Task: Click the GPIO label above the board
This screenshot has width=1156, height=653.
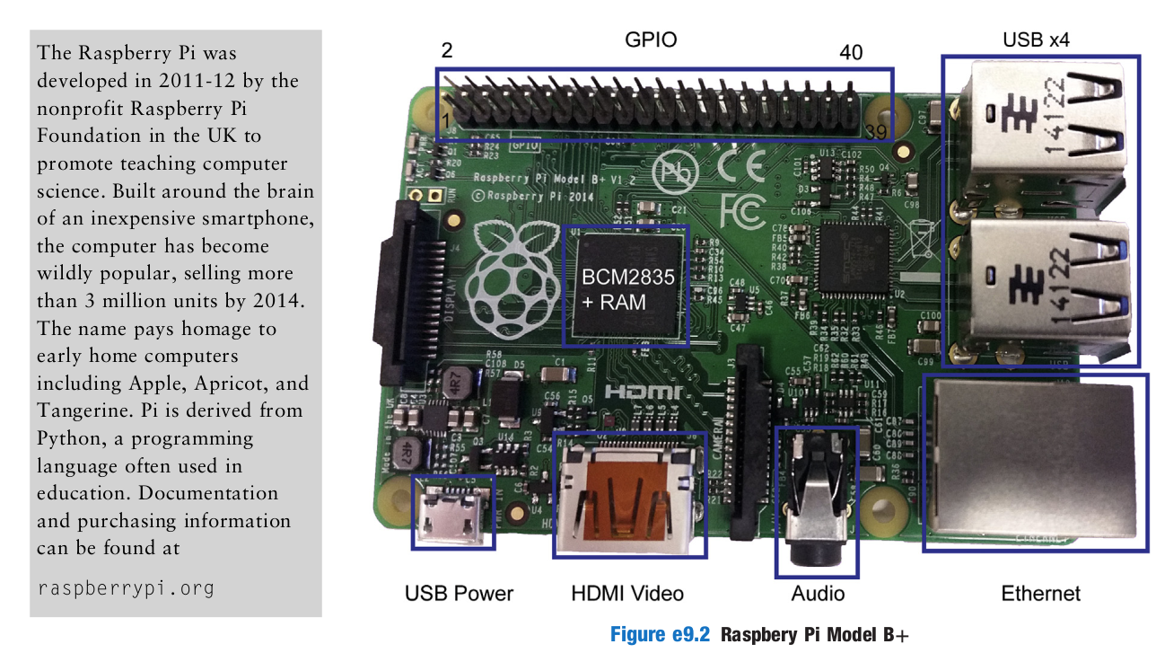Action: [x=651, y=40]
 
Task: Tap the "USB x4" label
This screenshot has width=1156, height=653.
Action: [x=1036, y=40]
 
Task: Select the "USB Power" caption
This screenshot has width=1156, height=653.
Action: [x=459, y=594]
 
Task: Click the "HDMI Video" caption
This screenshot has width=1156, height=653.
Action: [x=627, y=594]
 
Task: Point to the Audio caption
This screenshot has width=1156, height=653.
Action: [x=818, y=594]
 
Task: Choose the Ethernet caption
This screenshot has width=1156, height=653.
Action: [x=1040, y=594]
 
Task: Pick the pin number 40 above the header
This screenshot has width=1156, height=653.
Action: [x=851, y=53]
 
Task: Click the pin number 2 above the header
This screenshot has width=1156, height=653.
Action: [x=446, y=50]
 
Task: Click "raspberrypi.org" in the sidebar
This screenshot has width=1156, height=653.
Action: [x=126, y=588]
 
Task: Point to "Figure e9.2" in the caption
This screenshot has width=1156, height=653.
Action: [x=660, y=634]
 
